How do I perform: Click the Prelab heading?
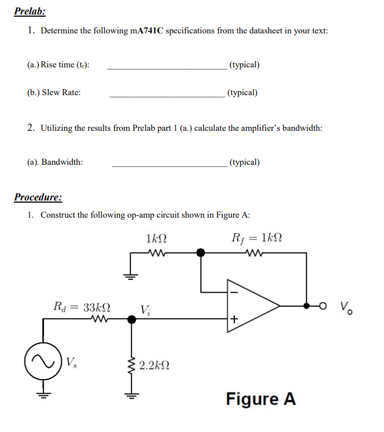(x=30, y=11)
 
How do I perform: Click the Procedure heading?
(x=38, y=197)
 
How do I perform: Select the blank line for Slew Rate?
(x=166, y=96)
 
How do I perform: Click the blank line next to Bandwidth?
(x=169, y=166)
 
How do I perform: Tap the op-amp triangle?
(x=251, y=305)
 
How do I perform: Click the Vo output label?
(x=346, y=307)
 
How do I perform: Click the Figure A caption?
(x=260, y=399)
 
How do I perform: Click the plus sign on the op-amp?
(x=234, y=320)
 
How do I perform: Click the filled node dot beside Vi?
(x=131, y=320)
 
